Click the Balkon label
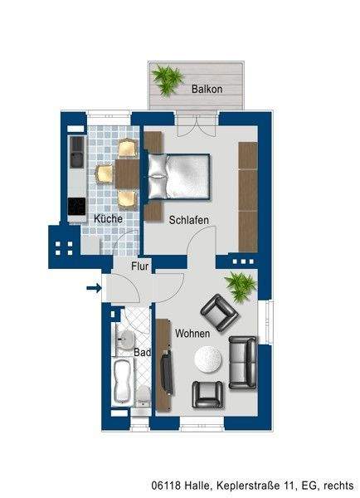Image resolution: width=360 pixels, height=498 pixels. [207, 88]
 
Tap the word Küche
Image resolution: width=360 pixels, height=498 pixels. [108, 218]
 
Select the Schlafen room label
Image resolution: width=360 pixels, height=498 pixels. [188, 220]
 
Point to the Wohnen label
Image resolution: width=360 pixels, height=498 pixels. [192, 333]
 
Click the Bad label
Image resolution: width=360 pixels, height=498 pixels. [142, 352]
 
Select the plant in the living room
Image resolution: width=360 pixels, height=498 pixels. [241, 287]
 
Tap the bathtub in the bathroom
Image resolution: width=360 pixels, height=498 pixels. [123, 382]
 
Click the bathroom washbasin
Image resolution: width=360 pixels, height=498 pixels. [126, 338]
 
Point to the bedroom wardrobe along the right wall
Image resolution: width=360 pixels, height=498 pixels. [247, 196]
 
